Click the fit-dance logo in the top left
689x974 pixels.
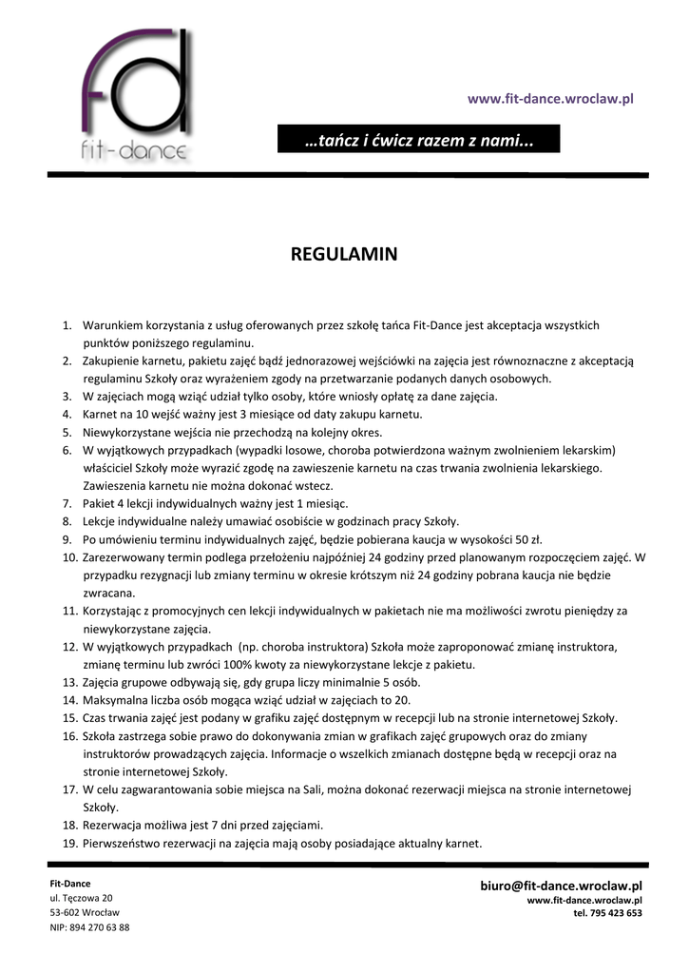click(x=133, y=95)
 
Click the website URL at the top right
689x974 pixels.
click(x=550, y=99)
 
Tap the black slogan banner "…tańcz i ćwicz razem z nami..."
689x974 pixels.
click(x=419, y=141)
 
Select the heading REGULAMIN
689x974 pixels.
click(x=343, y=255)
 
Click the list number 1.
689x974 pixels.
click(x=67, y=325)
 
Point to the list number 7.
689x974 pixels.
click(x=67, y=503)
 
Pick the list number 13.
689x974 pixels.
click(x=69, y=682)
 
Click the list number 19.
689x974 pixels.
click(x=69, y=843)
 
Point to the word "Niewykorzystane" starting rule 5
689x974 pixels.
click(x=127, y=432)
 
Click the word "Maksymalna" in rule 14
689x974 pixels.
click(x=117, y=700)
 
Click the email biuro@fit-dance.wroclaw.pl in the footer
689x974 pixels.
click(x=561, y=886)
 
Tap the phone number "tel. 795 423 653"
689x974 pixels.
click(x=607, y=913)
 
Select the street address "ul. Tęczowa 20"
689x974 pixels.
click(x=81, y=898)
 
